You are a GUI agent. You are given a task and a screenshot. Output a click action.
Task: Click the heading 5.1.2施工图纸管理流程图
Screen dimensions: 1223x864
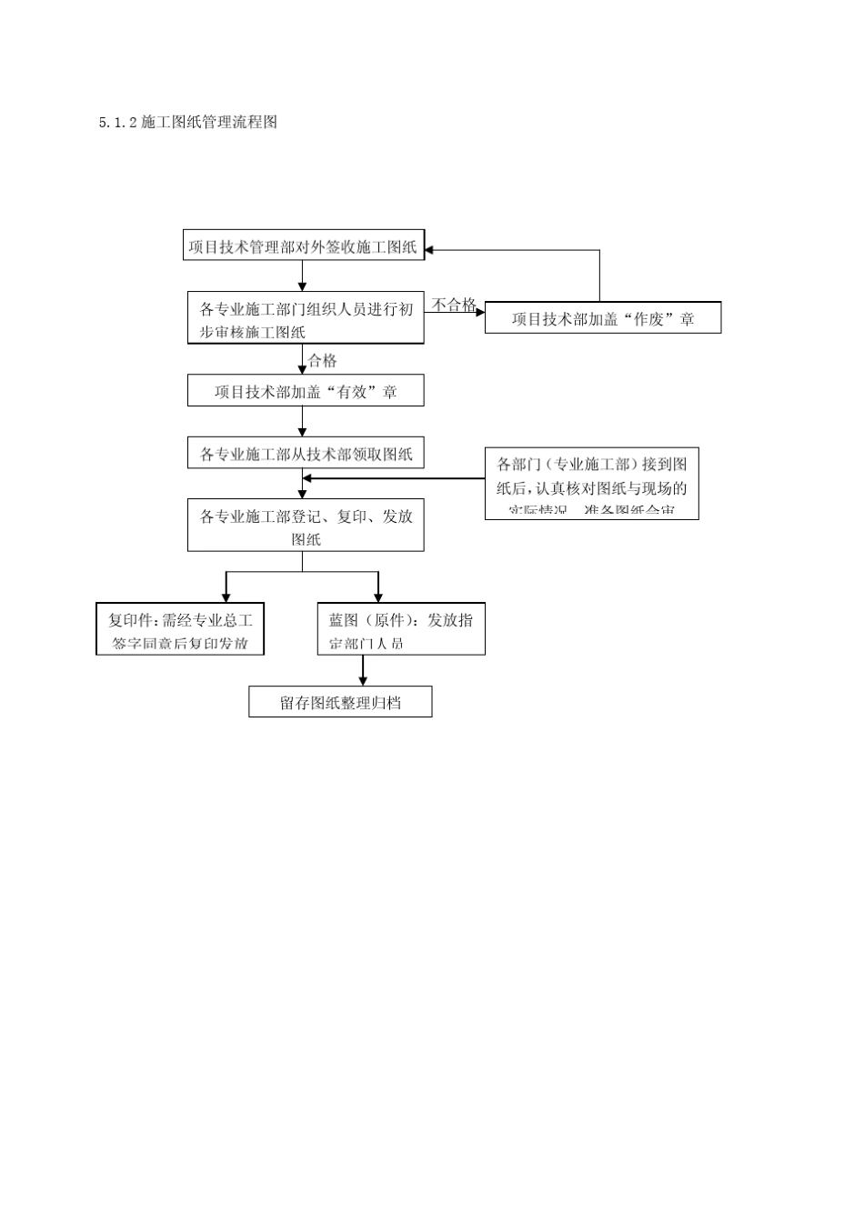(x=188, y=122)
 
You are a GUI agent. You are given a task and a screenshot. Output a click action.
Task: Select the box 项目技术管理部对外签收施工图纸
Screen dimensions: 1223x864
(x=304, y=246)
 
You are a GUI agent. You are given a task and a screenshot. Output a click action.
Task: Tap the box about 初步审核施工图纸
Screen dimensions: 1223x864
(x=306, y=319)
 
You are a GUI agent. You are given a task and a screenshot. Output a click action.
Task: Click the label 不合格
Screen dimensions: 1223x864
(x=453, y=305)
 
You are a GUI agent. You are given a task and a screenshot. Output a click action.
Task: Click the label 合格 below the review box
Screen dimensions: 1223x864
(x=322, y=361)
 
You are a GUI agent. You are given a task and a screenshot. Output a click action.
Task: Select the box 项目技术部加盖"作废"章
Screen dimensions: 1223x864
(x=602, y=319)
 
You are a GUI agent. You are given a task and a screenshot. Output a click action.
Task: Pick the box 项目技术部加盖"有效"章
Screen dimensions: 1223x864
(x=306, y=392)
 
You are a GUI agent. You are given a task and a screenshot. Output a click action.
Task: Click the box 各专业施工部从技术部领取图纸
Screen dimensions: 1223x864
(x=306, y=454)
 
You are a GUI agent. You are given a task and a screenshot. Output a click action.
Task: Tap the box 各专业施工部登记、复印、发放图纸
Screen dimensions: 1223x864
(x=306, y=526)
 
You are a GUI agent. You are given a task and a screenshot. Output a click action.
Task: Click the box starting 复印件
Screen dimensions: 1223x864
(x=180, y=629)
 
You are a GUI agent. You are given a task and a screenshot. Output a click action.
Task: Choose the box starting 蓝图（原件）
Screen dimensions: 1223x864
(x=400, y=629)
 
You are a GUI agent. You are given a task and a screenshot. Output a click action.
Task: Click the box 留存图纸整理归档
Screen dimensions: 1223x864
(x=340, y=703)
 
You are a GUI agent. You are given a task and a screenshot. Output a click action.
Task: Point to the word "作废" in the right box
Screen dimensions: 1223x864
(x=648, y=319)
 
